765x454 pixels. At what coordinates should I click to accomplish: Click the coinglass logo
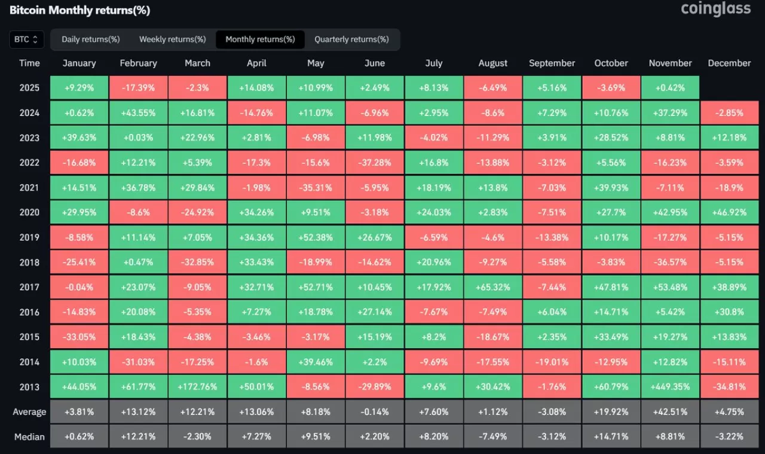[x=715, y=10]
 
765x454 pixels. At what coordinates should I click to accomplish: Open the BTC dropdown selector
[x=26, y=39]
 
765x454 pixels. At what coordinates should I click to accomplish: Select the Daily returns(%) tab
[x=91, y=39]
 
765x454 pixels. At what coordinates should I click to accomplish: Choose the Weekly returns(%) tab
[x=172, y=39]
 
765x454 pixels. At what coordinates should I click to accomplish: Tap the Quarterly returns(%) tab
[x=351, y=39]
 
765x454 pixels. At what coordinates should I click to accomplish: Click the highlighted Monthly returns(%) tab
[x=260, y=39]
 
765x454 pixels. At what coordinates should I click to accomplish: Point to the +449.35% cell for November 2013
[x=670, y=386]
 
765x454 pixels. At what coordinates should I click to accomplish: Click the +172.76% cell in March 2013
[x=197, y=386]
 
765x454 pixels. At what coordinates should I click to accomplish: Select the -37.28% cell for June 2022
[x=375, y=163]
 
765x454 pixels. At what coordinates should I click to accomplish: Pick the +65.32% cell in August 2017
[x=493, y=287]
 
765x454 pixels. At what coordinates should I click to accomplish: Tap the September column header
[x=552, y=63]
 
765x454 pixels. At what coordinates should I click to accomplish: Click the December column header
[x=729, y=63]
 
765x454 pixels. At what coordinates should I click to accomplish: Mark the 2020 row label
[x=29, y=212]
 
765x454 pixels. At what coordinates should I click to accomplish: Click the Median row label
[x=29, y=437]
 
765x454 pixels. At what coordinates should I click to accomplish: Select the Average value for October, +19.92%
[x=611, y=412]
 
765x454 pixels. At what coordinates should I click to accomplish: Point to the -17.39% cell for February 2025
[x=138, y=88]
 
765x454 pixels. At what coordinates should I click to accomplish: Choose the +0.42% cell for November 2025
[x=670, y=88]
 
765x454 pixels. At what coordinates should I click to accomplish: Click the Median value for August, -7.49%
[x=493, y=437]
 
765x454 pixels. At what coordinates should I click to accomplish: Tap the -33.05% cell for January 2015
[x=79, y=337]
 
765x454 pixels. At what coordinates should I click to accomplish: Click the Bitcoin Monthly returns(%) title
[x=79, y=11]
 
